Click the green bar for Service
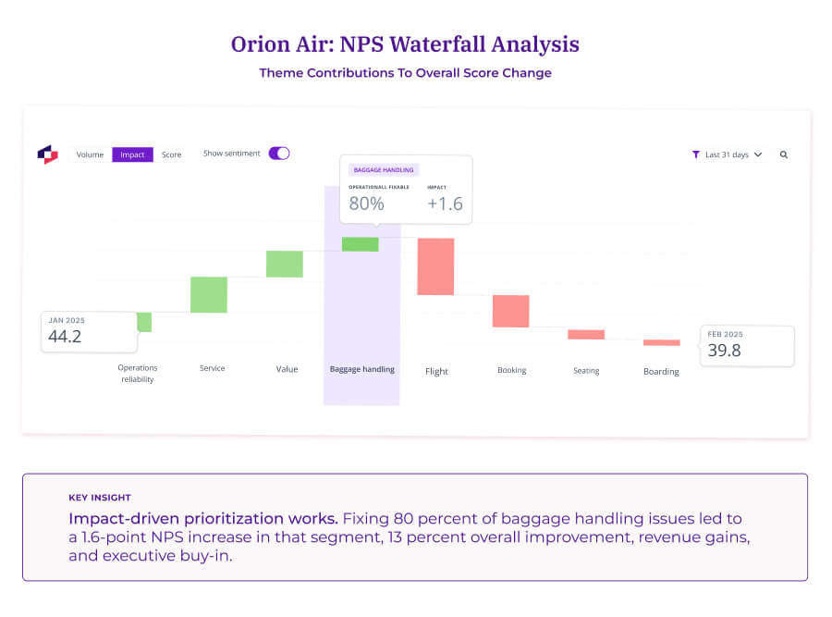[x=209, y=294]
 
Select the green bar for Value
[x=285, y=264]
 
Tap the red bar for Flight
[x=435, y=266]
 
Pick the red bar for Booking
[x=510, y=311]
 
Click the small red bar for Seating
[x=586, y=334]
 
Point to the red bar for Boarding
[x=661, y=342]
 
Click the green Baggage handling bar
[x=361, y=244]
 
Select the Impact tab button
[x=132, y=154]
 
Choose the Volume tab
[x=90, y=154]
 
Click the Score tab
[x=171, y=154]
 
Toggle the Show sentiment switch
[x=279, y=154]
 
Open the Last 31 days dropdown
[x=728, y=154]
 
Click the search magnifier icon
[x=784, y=154]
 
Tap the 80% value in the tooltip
[x=366, y=204]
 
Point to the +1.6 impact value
[x=445, y=204]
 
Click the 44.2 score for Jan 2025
[x=65, y=337]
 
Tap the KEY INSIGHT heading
[x=100, y=497]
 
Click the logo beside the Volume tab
[x=47, y=154]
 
